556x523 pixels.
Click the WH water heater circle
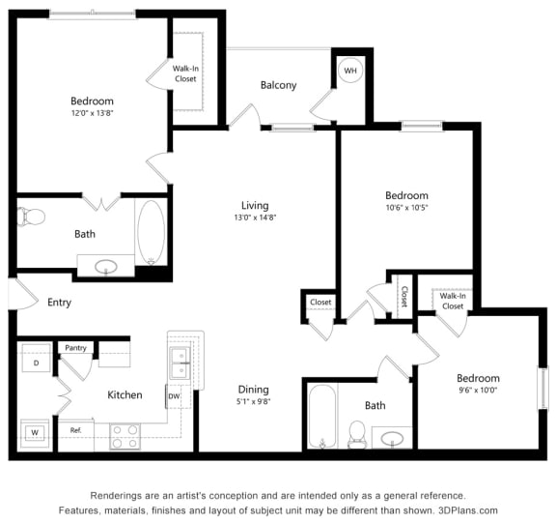tap(349, 71)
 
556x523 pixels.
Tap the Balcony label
tap(278, 85)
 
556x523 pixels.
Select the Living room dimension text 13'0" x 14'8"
tap(255, 218)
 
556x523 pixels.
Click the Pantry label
tap(74, 347)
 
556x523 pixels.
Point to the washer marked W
tap(36, 432)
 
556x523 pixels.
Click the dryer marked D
tap(36, 363)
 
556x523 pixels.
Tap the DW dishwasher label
tap(174, 396)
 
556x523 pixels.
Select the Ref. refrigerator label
tap(75, 429)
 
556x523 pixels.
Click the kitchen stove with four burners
tap(125, 436)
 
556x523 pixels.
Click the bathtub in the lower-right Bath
tap(321, 416)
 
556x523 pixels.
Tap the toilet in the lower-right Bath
tap(356, 434)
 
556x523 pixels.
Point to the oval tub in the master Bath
tap(151, 232)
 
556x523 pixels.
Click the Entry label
tap(59, 303)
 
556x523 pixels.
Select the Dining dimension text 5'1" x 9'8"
tap(254, 403)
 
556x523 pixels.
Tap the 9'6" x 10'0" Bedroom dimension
tap(478, 391)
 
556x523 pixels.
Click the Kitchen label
tap(125, 394)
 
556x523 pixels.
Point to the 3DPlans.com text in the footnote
tap(466, 509)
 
